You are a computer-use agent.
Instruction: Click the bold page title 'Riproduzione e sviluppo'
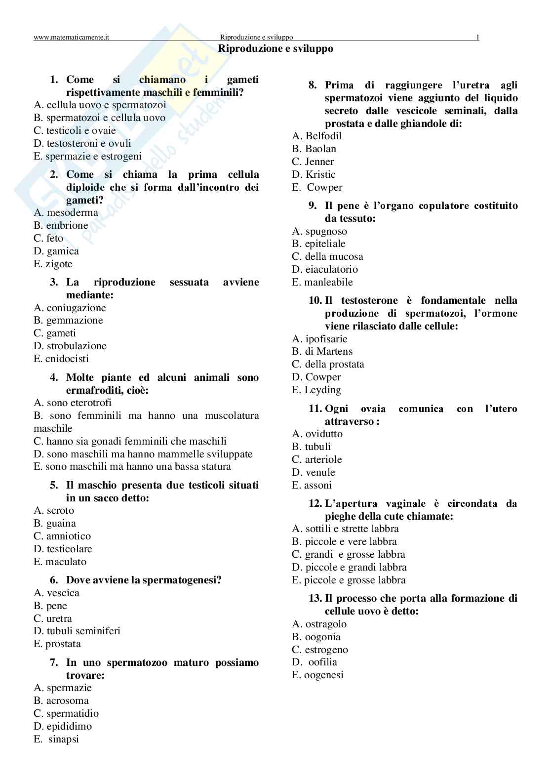pos(275,48)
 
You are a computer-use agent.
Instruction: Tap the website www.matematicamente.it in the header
pos(72,37)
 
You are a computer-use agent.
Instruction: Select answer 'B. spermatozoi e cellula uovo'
pos(99,118)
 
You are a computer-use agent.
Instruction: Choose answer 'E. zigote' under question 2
pos(53,264)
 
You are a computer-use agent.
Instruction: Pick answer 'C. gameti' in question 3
pos(55,333)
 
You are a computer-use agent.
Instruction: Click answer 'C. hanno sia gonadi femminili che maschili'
pos(130,441)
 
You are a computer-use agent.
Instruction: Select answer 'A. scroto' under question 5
pos(54,510)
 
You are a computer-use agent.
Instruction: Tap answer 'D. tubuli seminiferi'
pos(77,631)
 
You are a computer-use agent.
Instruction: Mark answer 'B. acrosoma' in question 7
pos(61,700)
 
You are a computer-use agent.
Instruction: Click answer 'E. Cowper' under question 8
pos(317,187)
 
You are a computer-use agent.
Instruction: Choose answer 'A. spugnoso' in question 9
pos(319,231)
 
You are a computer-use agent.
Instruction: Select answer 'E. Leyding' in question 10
pos(316,390)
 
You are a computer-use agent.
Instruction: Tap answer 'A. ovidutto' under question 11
pos(317,434)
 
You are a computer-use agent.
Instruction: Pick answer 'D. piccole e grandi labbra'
pos(349,567)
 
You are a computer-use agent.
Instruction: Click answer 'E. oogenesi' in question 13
pos(317,675)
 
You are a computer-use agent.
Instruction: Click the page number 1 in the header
pos(477,37)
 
